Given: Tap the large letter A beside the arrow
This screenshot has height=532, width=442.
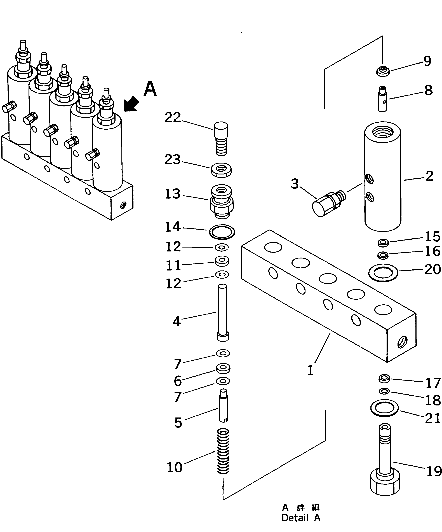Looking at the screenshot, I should [x=150, y=89].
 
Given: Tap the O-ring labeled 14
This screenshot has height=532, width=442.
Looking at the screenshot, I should [x=222, y=232].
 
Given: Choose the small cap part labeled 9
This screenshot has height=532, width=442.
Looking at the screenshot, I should [x=382, y=71].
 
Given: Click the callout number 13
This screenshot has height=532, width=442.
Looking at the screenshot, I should [x=173, y=194].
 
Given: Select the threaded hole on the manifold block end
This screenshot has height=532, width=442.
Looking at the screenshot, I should [x=403, y=342].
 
